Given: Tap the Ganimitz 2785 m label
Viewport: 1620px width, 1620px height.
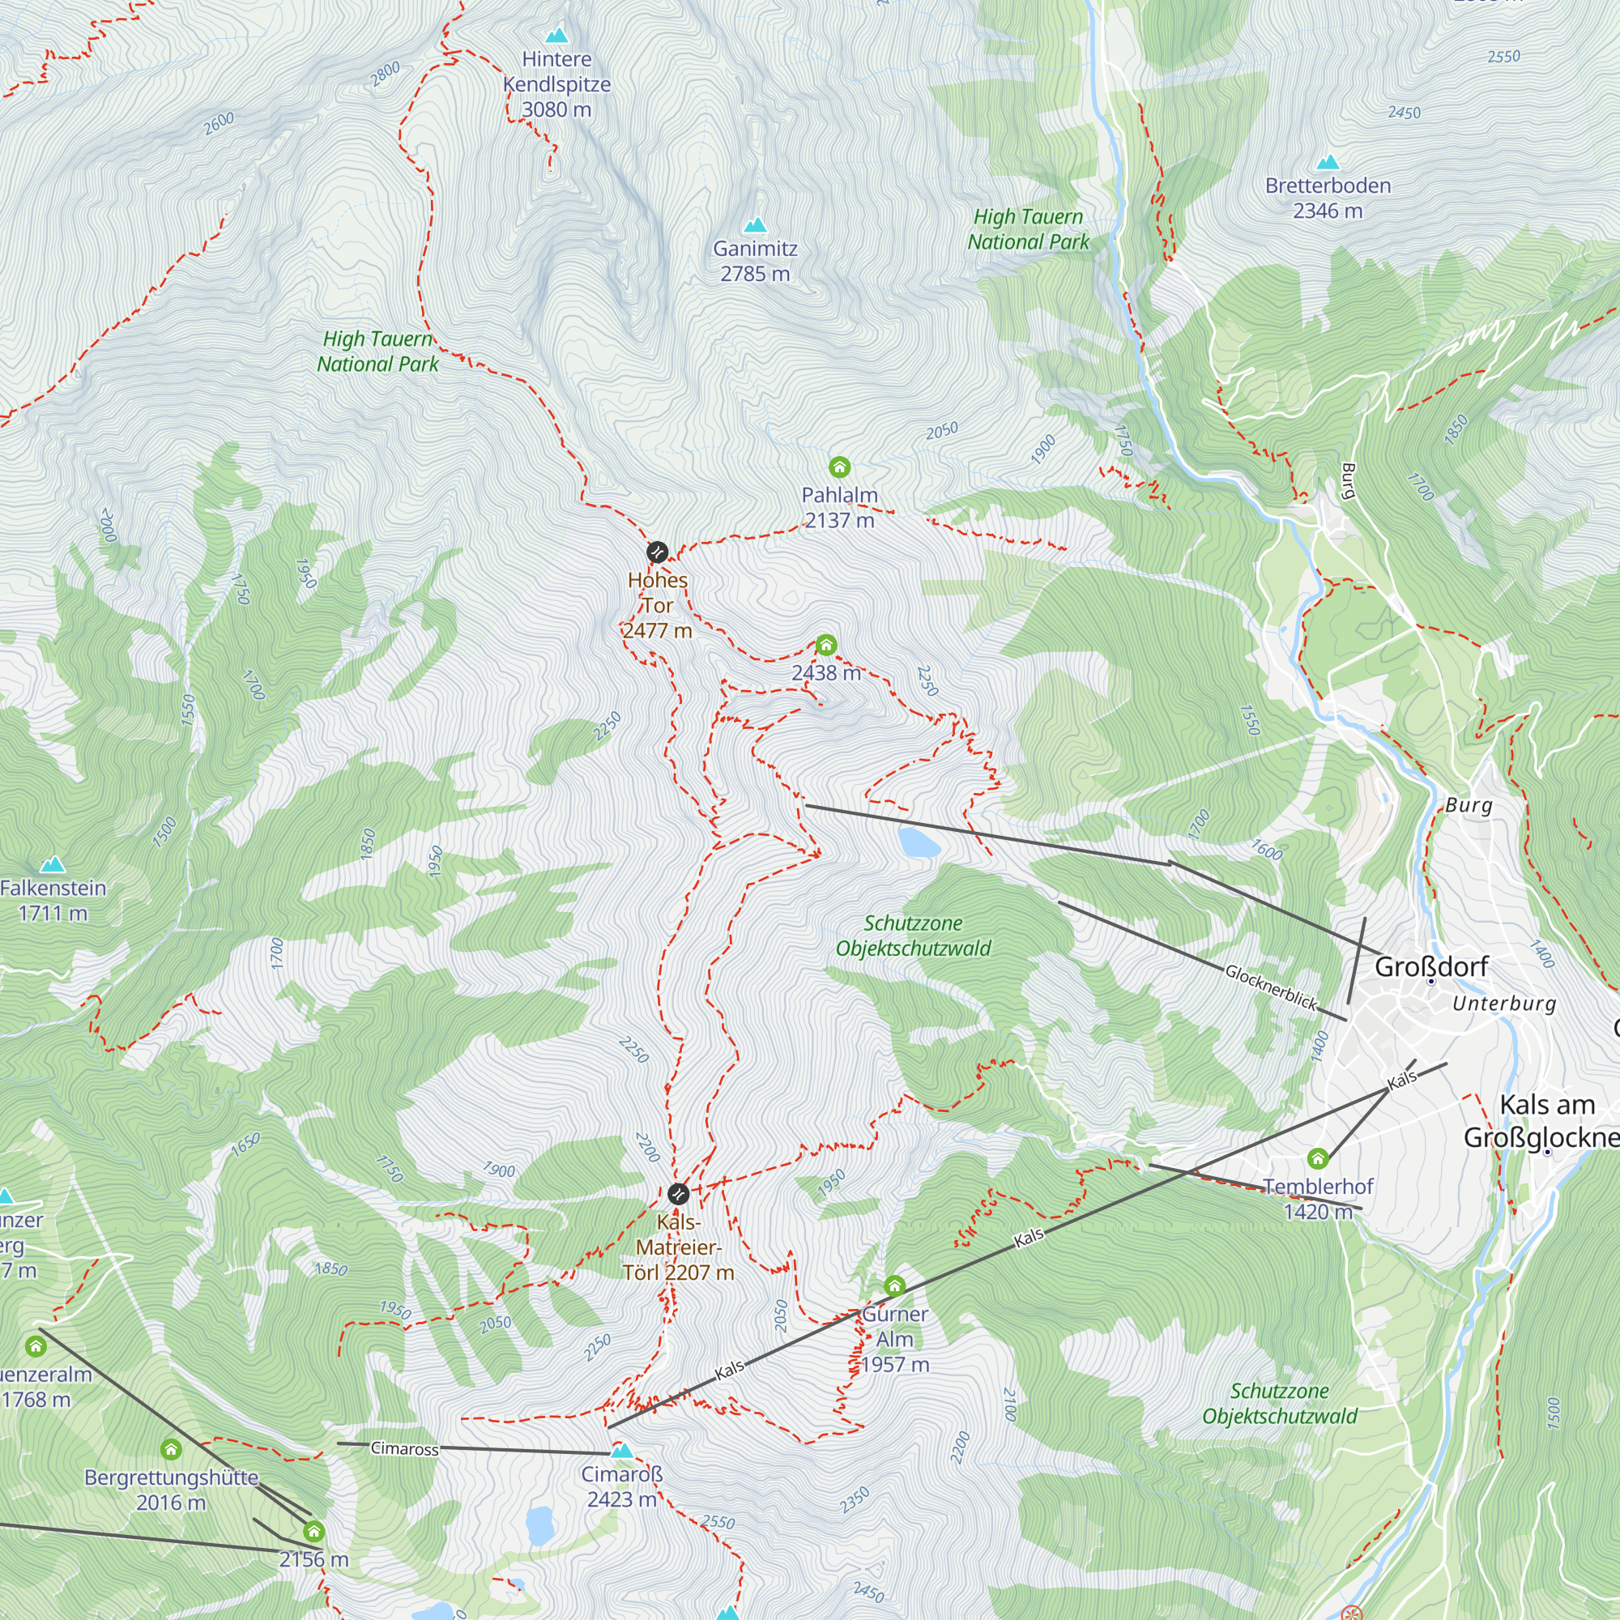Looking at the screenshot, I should pos(755,261).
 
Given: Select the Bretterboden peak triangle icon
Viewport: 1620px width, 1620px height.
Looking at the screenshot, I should pos(1327,162).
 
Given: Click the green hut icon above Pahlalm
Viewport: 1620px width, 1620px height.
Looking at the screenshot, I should pos(838,467).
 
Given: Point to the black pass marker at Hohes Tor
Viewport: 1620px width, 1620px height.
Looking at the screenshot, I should pos(657,552).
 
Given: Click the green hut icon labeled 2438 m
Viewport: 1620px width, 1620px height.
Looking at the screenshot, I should pos(826,645).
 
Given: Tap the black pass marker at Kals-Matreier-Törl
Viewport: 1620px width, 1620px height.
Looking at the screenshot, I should pos(678,1193).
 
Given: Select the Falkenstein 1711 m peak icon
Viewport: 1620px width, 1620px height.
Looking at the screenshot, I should pos(53,863).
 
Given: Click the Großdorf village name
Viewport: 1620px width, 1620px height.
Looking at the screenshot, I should pos(1431,967).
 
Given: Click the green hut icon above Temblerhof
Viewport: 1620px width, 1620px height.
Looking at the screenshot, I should pos(1317,1159).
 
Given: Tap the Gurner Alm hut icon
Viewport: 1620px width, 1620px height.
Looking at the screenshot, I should pos(895,1285).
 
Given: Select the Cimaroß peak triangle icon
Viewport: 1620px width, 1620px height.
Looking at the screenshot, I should pos(621,1450).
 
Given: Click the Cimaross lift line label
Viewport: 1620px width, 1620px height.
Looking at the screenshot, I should pos(404,1448).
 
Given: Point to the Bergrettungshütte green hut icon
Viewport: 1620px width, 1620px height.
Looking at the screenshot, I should pos(171,1449).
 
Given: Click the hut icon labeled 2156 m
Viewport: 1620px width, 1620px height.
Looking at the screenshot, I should pos(313,1532).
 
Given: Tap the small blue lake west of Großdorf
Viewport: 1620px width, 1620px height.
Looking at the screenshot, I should pos(919,842).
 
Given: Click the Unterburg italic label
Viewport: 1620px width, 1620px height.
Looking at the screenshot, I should pos(1503,1004).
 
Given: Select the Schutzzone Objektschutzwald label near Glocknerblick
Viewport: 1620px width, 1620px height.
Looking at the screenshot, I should pos(913,936).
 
